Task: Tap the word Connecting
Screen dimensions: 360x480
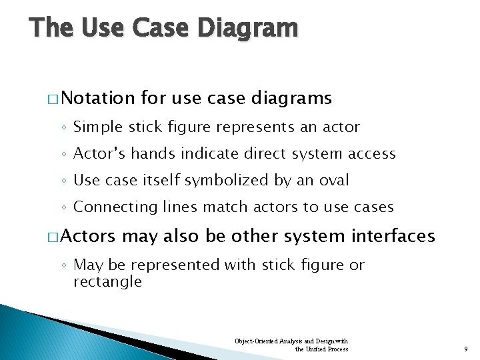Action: tap(115, 207)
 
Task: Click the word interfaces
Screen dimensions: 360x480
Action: tap(394, 236)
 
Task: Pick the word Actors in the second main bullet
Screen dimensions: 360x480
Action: tap(91, 236)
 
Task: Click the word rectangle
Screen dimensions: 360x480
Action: tap(107, 281)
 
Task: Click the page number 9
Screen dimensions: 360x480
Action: tap(465, 349)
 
